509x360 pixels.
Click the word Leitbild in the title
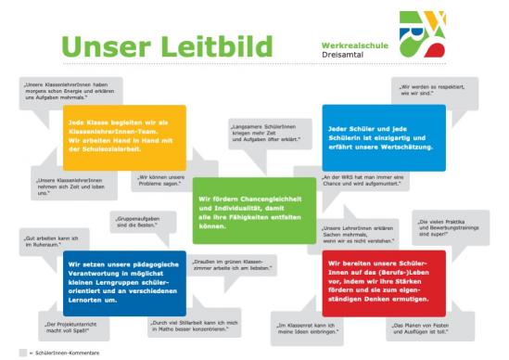pos(219,45)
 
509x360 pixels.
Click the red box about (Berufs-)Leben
pos(379,276)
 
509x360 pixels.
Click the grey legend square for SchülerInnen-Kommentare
pos(21,352)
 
